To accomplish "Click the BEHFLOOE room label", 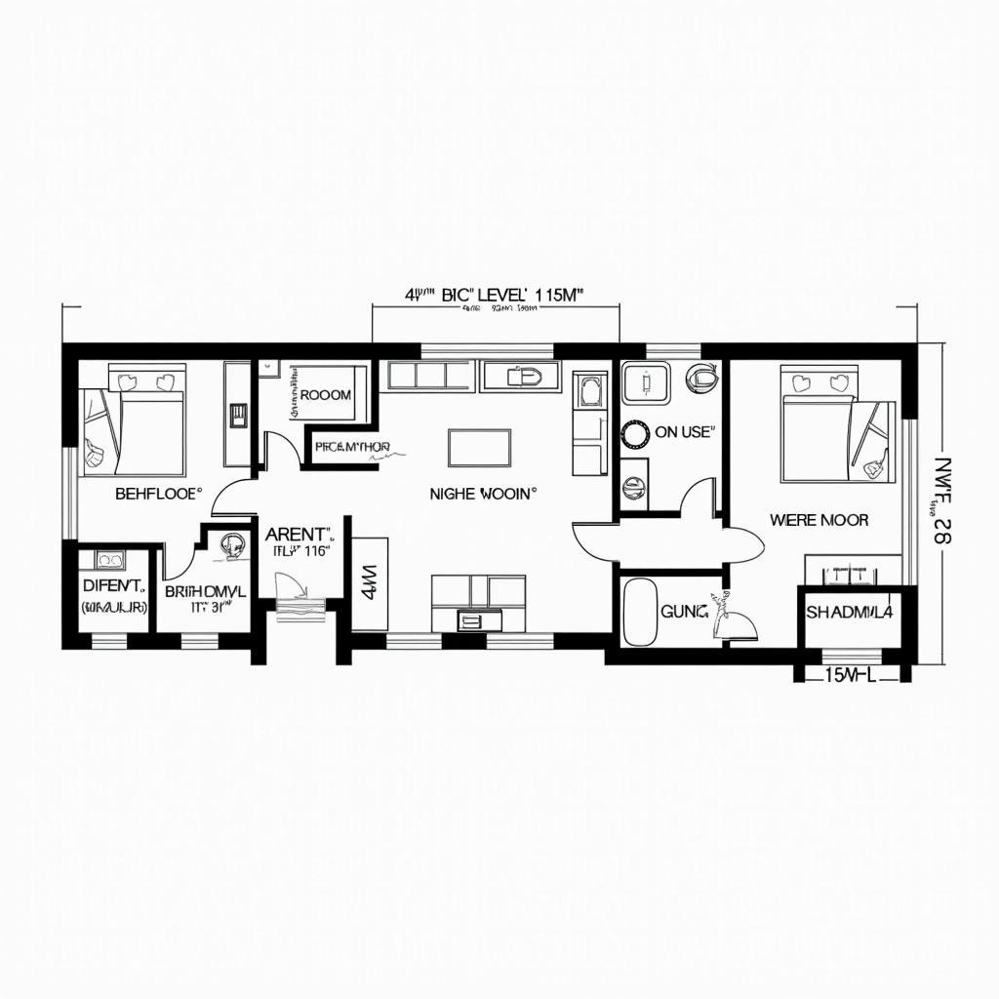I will (x=158, y=494).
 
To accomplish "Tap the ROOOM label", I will (x=326, y=395).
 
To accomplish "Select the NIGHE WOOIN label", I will (x=483, y=495).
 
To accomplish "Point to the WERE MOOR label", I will (x=819, y=520).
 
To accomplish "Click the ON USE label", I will (x=684, y=432).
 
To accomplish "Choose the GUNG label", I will (x=682, y=612).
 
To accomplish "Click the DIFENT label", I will (x=114, y=586).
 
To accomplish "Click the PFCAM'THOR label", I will (x=352, y=448).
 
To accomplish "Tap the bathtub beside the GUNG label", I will (x=640, y=612).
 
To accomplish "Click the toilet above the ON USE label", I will (x=701, y=376).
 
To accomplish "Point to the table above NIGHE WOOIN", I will (x=479, y=448).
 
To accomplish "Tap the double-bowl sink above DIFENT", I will (x=108, y=559).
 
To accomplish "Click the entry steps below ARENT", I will (x=299, y=608).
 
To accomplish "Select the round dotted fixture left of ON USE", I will (x=635, y=431).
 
